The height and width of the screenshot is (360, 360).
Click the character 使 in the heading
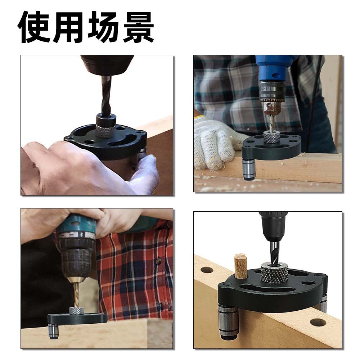(x=33, y=27)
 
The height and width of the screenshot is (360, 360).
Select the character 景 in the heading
(x=138, y=27)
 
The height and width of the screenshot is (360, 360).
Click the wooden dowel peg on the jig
(x=240, y=266)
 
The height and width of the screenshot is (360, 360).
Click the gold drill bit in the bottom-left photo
(x=76, y=292)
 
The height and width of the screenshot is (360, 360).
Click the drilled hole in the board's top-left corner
(x=207, y=270)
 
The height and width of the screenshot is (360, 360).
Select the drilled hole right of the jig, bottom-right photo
(x=318, y=322)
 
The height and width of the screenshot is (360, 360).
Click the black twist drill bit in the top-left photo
(x=106, y=95)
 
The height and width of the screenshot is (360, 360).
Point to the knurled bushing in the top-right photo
(x=271, y=137)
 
